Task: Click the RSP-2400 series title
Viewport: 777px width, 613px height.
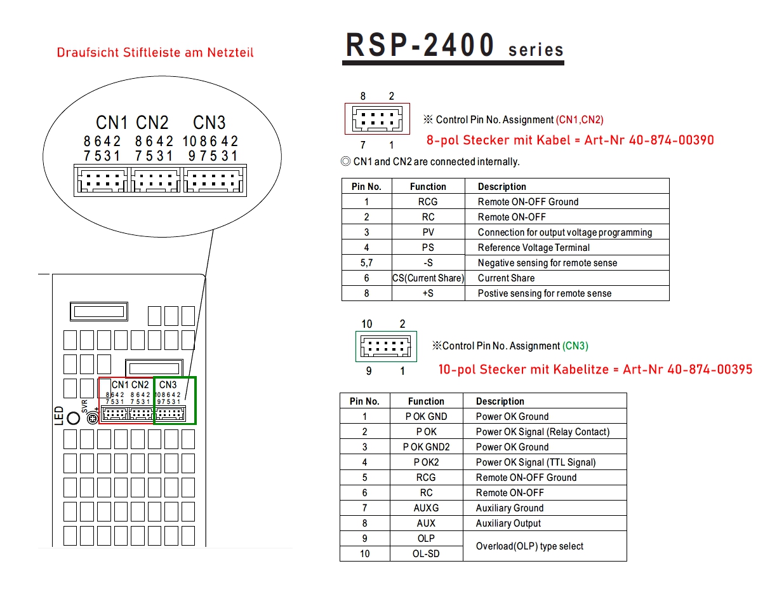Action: (453, 46)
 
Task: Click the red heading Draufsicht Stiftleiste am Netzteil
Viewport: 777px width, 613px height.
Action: (155, 53)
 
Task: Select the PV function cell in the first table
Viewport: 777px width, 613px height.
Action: (428, 232)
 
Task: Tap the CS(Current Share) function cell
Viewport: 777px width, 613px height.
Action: (428, 278)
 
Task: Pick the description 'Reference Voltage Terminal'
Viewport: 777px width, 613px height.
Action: (533, 248)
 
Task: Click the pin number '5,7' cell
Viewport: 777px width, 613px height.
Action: (366, 263)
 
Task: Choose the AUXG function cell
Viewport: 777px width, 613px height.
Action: (426, 508)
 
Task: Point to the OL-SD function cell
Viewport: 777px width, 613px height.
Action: (426, 554)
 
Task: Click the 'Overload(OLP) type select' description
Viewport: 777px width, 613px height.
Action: (529, 546)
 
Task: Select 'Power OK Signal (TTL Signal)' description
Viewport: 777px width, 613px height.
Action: (536, 462)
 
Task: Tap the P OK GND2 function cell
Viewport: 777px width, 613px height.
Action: (426, 447)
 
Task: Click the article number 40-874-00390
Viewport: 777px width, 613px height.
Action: (671, 140)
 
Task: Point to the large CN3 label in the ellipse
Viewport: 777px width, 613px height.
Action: (209, 123)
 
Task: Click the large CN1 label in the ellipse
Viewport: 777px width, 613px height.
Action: (112, 123)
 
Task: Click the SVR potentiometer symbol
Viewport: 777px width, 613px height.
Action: (92, 418)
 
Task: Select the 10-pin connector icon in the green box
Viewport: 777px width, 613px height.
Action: (386, 347)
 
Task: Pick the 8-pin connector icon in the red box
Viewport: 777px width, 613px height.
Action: (378, 119)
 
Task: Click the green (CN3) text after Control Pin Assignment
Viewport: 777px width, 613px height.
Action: (575, 346)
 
